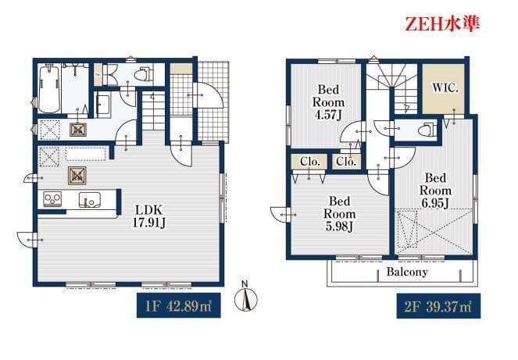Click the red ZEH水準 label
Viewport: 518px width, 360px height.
(442, 24)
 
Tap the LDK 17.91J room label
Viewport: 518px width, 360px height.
(149, 216)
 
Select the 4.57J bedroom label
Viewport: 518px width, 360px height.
(328, 102)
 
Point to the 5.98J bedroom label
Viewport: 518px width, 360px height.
(339, 214)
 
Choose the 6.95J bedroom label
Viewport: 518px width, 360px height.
(435, 191)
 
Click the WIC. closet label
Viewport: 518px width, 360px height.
(445, 88)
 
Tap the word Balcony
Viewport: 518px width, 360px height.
(407, 272)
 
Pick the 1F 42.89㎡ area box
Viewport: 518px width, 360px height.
(179, 305)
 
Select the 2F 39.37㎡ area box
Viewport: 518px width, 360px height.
(438, 306)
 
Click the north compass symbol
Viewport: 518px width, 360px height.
(245, 297)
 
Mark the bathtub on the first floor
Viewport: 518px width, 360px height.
(49, 89)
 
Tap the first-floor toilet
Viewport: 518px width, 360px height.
(145, 75)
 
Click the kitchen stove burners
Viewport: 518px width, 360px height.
(52, 199)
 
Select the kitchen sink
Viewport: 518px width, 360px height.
(90, 200)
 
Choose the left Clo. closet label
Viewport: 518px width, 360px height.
(310, 162)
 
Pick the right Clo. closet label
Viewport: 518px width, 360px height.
(346, 162)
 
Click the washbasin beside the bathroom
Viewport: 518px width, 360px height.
(103, 105)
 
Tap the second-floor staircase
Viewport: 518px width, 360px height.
(393, 88)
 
